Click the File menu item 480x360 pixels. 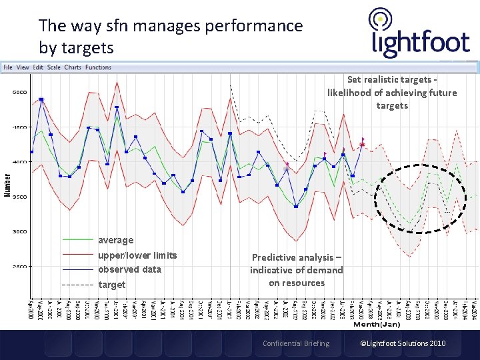point(8,67)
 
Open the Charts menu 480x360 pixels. point(73,67)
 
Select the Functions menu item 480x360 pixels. point(98,67)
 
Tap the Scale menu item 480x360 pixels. point(54,67)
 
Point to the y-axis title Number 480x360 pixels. point(8,185)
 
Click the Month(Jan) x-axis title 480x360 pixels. point(377,325)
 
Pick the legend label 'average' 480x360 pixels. point(115,240)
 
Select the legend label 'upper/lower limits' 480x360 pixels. point(137,255)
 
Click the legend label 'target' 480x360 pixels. point(111,285)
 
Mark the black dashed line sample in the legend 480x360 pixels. point(77,285)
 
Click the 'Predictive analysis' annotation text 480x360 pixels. point(296,270)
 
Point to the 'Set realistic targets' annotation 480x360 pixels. point(392,93)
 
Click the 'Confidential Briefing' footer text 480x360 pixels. point(295,343)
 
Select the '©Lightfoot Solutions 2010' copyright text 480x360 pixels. point(403,343)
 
